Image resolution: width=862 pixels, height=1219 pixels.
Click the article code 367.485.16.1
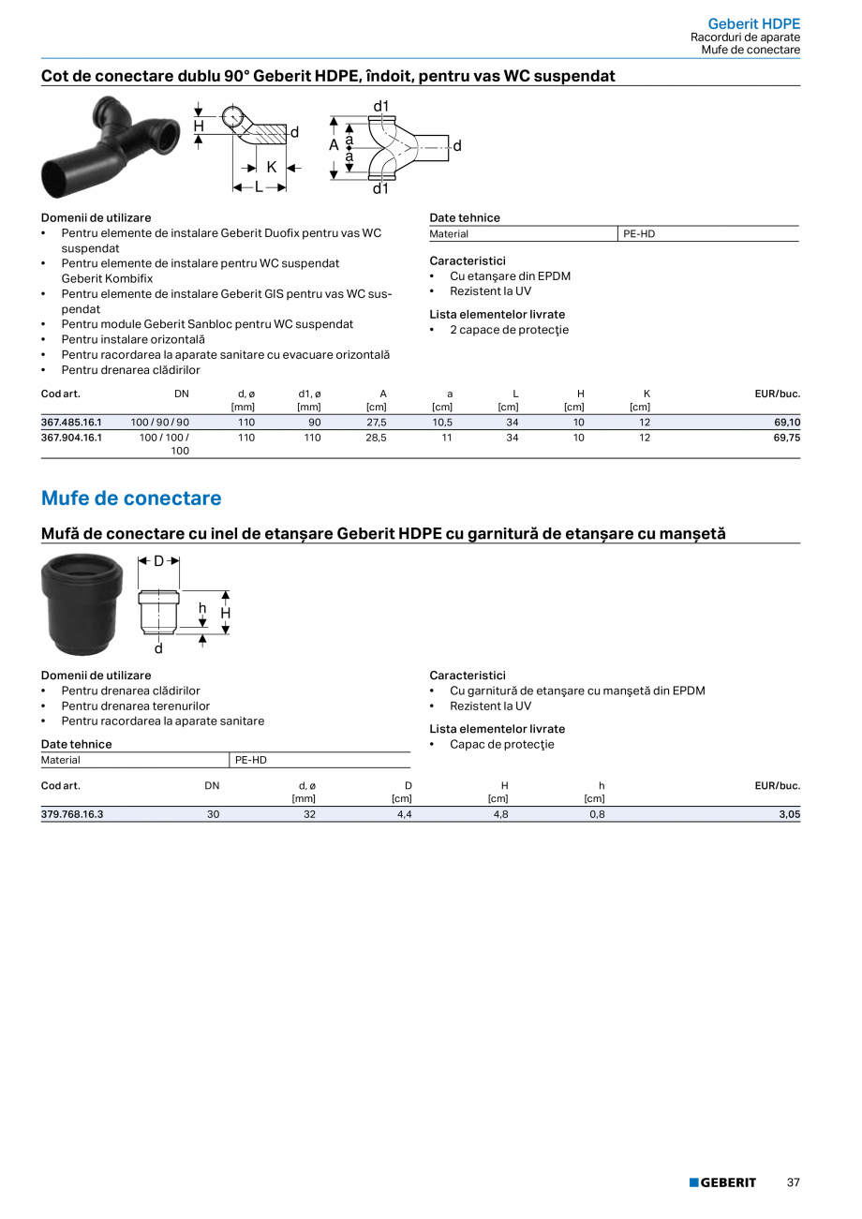pos(71,423)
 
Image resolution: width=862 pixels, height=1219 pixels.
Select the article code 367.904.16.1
pos(71,438)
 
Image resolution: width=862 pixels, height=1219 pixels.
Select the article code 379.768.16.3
pos(72,815)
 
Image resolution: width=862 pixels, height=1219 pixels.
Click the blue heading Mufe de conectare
pos(131,498)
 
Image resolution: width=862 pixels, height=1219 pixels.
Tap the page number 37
pos(793,1182)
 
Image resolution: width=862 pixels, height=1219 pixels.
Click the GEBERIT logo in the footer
pos(722,1182)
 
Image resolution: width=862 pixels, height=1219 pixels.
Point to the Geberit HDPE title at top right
pos(753,23)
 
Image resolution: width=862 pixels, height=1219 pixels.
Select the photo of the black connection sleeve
pos(82,605)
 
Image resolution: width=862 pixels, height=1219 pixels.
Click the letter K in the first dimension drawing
pos(272,168)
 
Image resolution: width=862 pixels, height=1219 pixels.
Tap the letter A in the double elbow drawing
pos(334,146)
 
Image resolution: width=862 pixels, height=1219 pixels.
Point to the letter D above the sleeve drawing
pos(159,561)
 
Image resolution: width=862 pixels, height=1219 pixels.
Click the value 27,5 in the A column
pos(376,423)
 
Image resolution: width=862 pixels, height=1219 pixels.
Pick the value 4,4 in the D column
pos(404,815)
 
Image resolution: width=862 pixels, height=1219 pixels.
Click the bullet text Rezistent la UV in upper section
pos(490,291)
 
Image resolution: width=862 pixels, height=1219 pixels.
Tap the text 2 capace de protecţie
pos(509,330)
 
